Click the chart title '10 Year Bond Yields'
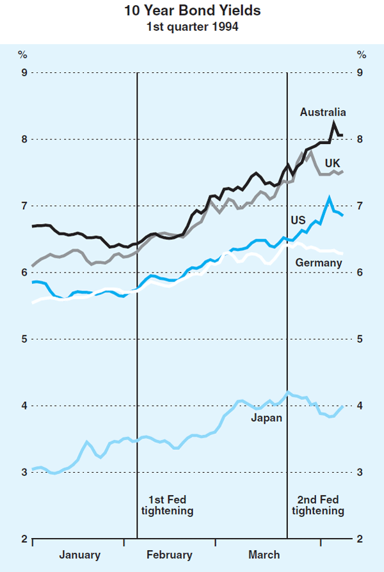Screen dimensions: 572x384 point(191,11)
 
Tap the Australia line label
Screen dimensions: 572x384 point(323,112)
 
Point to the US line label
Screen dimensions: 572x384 point(298,220)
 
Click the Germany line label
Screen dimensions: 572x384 point(318,263)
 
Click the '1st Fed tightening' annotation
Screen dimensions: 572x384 point(166,505)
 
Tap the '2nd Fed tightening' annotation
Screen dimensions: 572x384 point(317,505)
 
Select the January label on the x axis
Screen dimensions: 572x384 point(79,555)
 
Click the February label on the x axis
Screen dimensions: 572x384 point(170,555)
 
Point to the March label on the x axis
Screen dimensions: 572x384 point(263,555)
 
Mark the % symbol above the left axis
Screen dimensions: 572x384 point(22,54)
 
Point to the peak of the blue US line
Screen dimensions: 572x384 point(329,198)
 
